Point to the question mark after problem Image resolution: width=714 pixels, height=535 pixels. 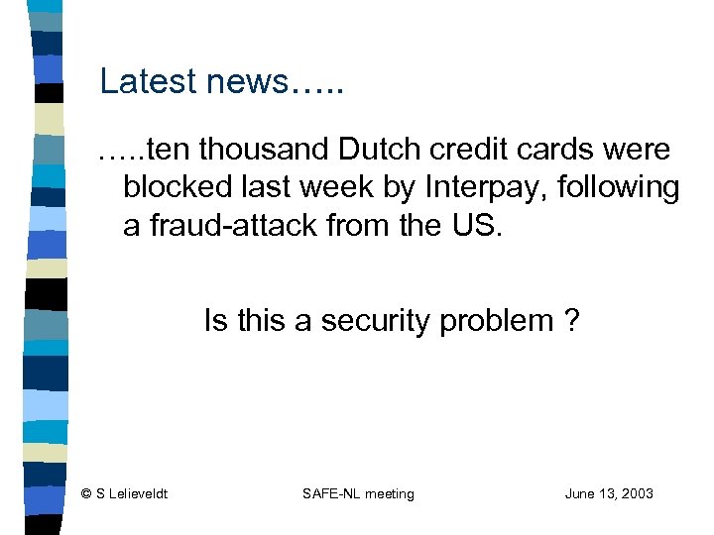(572, 321)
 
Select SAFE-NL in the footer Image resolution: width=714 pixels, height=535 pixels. (328, 493)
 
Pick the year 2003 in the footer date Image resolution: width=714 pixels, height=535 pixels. (637, 493)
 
